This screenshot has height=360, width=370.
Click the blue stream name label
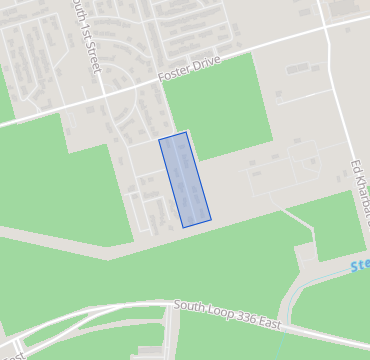pos(359,266)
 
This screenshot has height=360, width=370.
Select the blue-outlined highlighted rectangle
pos(185,180)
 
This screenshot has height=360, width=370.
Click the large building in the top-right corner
pos(346,7)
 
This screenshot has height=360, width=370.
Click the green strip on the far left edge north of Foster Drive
pos(5,95)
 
